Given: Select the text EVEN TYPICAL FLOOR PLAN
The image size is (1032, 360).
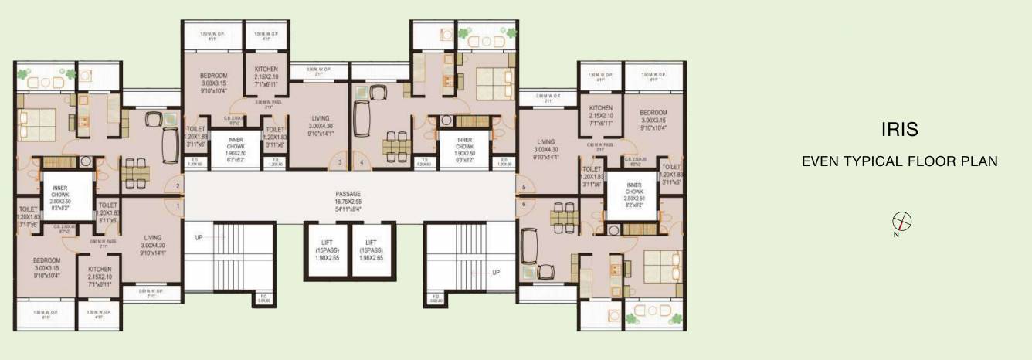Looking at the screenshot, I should (900, 161).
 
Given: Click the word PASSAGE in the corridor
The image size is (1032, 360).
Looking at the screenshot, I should (348, 194).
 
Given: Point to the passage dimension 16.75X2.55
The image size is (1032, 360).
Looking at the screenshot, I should (348, 201).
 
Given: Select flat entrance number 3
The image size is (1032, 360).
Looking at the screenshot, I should (340, 163).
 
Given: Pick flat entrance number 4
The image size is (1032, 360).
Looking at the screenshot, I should (361, 163).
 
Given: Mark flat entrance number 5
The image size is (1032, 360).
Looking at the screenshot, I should (523, 188).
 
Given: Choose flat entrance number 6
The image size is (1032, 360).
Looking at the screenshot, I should (523, 204).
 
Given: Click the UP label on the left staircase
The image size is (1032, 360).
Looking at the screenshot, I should (199, 237).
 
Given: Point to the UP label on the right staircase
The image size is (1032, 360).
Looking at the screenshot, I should (496, 273).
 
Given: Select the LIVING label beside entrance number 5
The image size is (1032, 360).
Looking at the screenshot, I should (546, 142).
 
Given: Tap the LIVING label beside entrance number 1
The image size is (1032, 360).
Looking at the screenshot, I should (152, 238).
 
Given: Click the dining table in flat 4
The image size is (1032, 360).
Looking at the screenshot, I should (394, 145).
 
